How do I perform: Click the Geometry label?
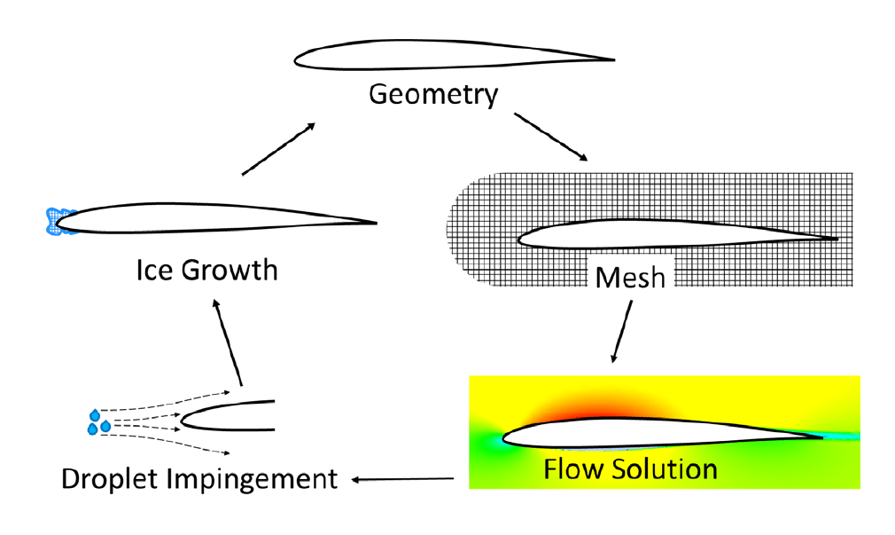[433, 94]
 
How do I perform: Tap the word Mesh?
[629, 278]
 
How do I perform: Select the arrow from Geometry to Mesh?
[550, 137]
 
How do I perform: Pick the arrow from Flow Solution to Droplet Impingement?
[403, 480]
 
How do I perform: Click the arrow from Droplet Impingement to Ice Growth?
[227, 342]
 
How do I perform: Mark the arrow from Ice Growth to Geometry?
[278, 149]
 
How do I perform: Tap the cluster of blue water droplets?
[98, 422]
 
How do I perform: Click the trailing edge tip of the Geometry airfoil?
[611, 60]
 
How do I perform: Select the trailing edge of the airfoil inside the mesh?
[835, 238]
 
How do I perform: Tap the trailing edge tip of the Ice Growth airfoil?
[376, 223]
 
